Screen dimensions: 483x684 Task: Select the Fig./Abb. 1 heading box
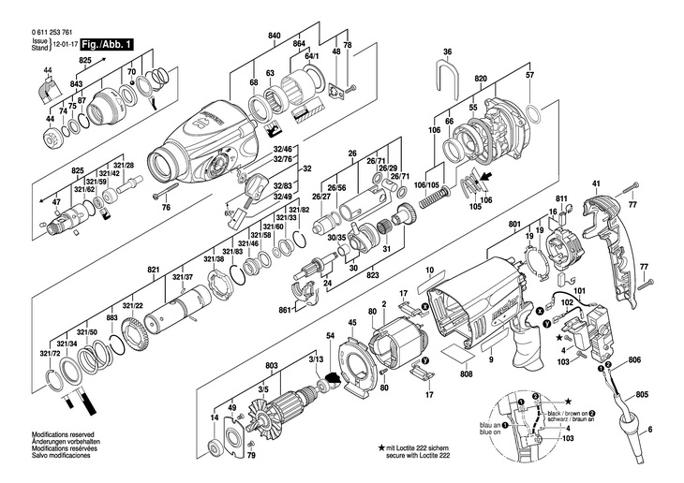[x=107, y=44]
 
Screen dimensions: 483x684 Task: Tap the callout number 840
[x=275, y=36]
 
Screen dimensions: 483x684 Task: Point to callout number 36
[x=447, y=51]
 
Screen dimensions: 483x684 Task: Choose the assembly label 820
[x=480, y=79]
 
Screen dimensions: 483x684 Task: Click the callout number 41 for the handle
[x=595, y=183]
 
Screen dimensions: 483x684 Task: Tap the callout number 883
[x=112, y=319]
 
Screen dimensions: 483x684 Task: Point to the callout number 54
[x=329, y=335]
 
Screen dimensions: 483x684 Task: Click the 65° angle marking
[x=230, y=213]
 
